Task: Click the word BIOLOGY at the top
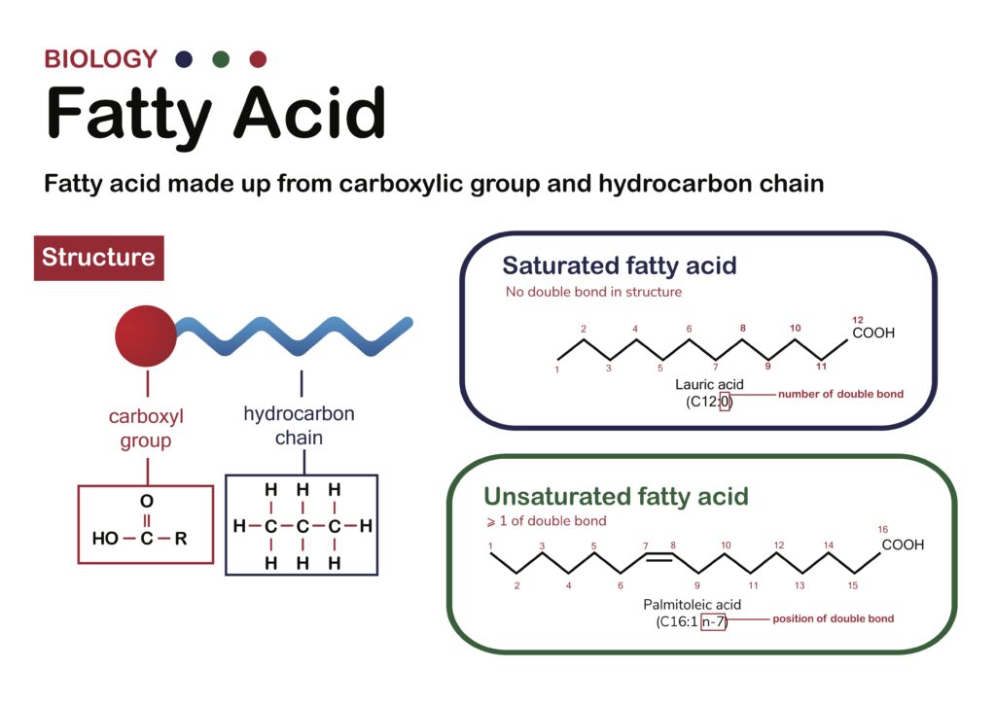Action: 100,59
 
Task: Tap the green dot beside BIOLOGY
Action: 221,59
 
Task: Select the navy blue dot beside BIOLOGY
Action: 184,59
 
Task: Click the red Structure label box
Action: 98,258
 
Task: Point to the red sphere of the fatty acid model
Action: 146,335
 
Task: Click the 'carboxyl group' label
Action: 146,429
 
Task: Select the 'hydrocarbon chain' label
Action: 300,425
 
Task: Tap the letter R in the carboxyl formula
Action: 181,539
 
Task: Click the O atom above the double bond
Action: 147,501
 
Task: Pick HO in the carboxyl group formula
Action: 105,539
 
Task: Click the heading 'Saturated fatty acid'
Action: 620,265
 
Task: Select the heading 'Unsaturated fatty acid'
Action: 616,496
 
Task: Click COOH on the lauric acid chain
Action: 873,333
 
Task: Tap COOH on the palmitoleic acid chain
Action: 903,545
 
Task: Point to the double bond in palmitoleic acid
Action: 659,557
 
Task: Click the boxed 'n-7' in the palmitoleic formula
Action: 713,622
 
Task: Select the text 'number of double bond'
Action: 840,394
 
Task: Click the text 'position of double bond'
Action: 833,619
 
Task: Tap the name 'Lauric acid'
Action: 709,385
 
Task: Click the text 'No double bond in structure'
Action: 593,292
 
